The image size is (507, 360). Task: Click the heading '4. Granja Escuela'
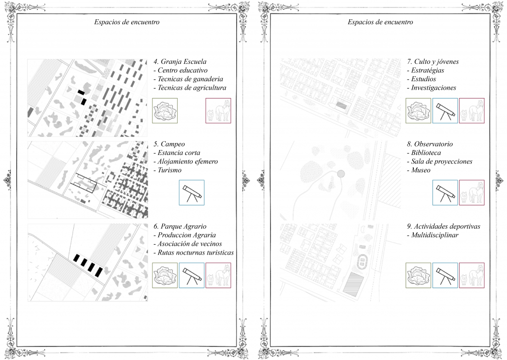click(x=180, y=62)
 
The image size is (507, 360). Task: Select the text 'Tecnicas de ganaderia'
click(x=190, y=79)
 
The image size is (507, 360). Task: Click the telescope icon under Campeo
click(x=191, y=193)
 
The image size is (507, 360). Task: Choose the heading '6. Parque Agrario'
click(x=180, y=226)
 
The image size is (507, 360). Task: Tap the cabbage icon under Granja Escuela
click(x=165, y=110)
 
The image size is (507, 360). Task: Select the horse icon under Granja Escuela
click(x=218, y=110)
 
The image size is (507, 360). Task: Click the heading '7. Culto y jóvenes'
click(x=433, y=62)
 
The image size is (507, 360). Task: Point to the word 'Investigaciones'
click(x=434, y=88)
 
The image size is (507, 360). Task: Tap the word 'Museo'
click(x=421, y=170)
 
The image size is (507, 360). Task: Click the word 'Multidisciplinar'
click(x=435, y=235)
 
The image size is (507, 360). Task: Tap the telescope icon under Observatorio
click(x=445, y=193)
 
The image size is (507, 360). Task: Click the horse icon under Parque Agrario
click(x=218, y=275)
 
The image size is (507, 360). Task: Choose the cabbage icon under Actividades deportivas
click(x=418, y=275)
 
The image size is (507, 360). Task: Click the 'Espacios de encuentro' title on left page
click(x=127, y=22)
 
